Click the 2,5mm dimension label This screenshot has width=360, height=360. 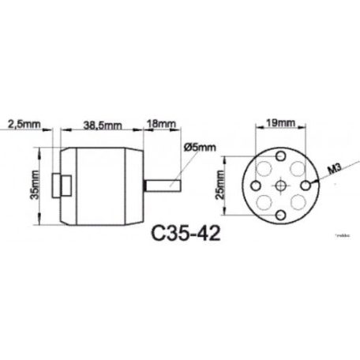click(x=24, y=124)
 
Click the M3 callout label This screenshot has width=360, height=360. click(x=332, y=168)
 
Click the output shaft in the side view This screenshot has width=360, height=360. click(x=167, y=186)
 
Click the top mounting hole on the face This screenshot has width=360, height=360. click(x=281, y=154)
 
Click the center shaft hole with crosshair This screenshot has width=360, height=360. click(x=281, y=185)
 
